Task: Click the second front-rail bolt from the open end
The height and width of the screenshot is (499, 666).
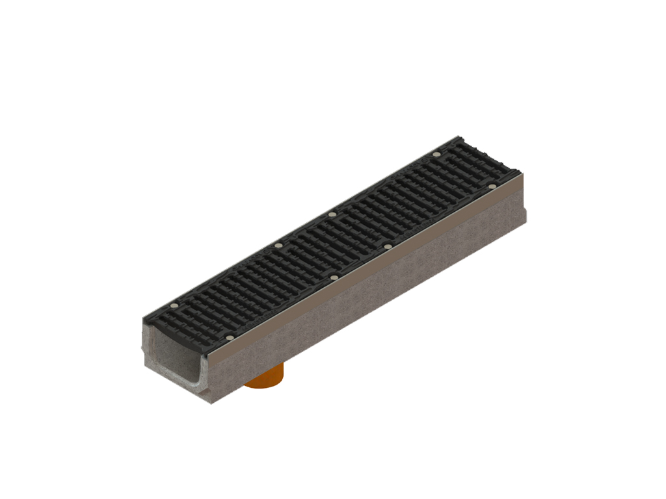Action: pos(334,278)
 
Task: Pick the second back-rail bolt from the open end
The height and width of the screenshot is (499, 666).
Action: pos(278,246)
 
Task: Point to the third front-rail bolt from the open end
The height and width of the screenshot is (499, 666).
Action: pos(388,247)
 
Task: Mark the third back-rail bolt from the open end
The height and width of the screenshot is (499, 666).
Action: pos(332,214)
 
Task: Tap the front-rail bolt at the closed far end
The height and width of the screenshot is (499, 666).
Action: pos(492,187)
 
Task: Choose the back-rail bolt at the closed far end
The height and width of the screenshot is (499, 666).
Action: pos(436,155)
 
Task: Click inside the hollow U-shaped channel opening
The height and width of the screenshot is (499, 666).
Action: pos(176,354)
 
